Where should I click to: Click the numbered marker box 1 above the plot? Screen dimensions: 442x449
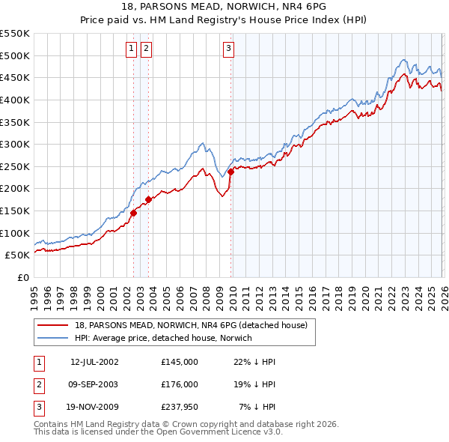pyautogui.click(x=131, y=49)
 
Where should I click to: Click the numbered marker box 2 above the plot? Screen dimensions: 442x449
pyautogui.click(x=145, y=49)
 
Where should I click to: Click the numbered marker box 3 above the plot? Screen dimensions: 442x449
pyautogui.click(x=227, y=49)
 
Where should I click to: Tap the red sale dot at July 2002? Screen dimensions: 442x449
pyautogui.click(x=133, y=213)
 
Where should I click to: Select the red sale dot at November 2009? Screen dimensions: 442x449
pyautogui.click(x=230, y=172)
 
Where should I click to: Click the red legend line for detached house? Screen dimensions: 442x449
pyautogui.click(x=54, y=325)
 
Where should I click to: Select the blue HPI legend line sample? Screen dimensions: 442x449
pyautogui.click(x=54, y=338)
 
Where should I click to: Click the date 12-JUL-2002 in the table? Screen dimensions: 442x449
pyautogui.click(x=94, y=362)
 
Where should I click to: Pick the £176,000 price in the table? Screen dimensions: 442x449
pyautogui.click(x=180, y=385)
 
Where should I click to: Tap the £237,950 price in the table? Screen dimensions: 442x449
pyautogui.click(x=180, y=408)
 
